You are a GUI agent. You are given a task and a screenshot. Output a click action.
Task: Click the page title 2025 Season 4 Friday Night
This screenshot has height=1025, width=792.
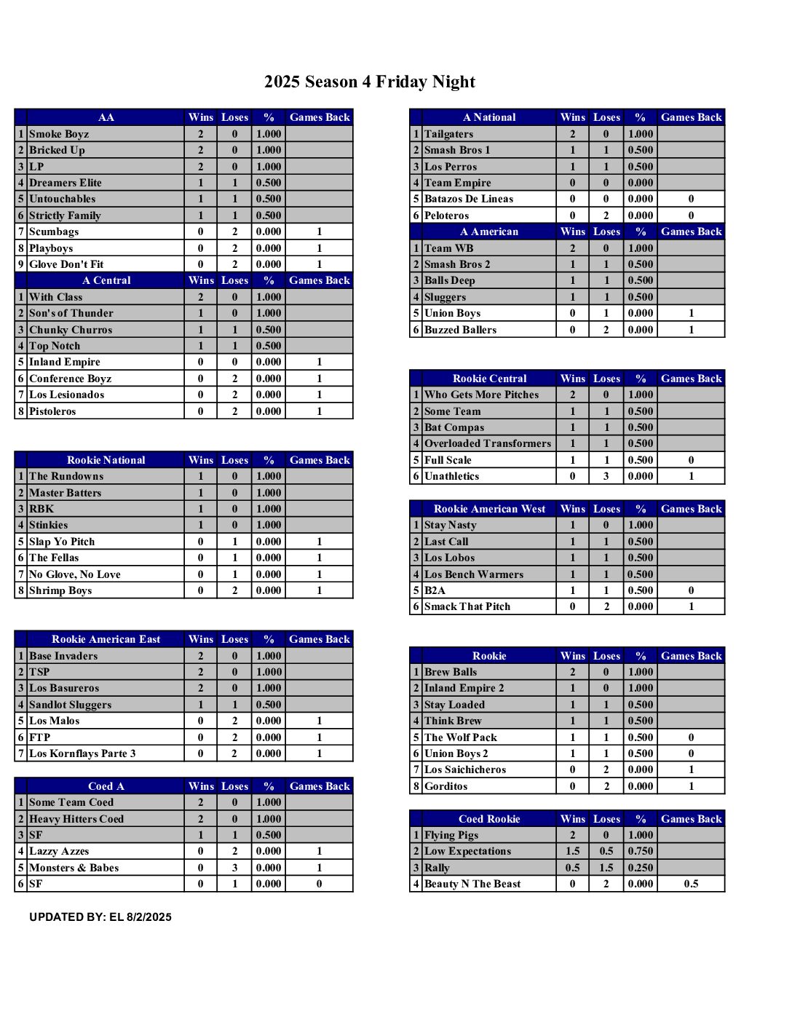coord(370,82)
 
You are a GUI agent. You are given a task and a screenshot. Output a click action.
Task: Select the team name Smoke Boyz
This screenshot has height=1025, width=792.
coord(59,134)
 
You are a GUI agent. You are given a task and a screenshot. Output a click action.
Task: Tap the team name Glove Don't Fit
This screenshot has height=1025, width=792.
coord(66,264)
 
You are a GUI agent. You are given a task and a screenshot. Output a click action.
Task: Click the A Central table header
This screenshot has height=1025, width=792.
coord(106,280)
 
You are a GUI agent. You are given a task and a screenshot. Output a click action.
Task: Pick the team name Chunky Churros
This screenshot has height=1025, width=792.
coord(71,330)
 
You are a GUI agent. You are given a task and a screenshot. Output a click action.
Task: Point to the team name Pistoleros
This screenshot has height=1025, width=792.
coord(52,411)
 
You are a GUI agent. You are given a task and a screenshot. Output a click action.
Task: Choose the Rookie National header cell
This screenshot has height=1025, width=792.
coord(106,460)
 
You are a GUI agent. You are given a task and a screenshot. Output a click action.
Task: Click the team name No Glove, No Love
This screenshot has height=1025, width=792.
coord(75,574)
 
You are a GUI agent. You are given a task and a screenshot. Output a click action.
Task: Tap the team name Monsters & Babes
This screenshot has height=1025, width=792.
coord(74,868)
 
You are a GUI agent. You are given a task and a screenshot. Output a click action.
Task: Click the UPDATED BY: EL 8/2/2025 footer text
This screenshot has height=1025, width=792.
coord(100,917)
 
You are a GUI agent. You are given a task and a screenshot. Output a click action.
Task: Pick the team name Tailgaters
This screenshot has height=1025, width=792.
coord(448,134)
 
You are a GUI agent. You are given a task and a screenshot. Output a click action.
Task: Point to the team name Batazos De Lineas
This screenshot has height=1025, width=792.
coord(469,199)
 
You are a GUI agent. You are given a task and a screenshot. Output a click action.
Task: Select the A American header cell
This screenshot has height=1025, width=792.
coord(489,231)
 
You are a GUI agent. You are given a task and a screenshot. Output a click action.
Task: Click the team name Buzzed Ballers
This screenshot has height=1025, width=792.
coord(460,330)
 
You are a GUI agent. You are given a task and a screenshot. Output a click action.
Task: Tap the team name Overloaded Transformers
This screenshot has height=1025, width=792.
coord(488,443)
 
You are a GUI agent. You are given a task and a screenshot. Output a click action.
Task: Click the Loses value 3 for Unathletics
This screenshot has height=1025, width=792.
coord(606,476)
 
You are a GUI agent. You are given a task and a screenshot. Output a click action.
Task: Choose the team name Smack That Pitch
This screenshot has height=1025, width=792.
coord(467,606)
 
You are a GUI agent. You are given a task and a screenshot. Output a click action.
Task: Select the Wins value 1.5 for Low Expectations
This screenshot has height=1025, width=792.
coord(573,851)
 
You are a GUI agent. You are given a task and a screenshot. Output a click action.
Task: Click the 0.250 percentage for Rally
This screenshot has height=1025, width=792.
coord(641,868)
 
